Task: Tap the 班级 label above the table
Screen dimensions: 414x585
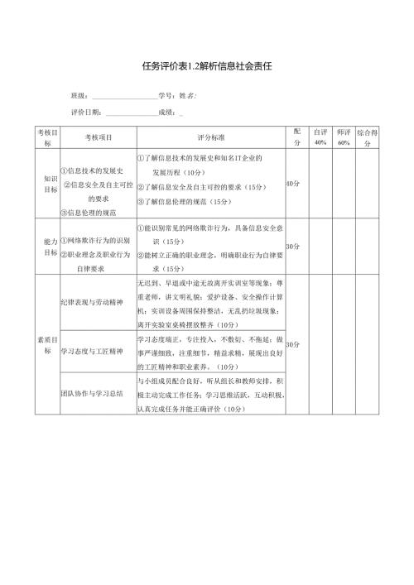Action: pyautogui.click(x=79, y=96)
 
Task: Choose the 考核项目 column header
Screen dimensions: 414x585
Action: pyautogui.click(x=97, y=137)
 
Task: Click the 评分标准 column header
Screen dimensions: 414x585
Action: pyautogui.click(x=210, y=137)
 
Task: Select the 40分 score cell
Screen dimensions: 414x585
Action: pyautogui.click(x=293, y=184)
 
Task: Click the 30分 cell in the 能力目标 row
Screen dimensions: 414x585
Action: pyautogui.click(x=293, y=246)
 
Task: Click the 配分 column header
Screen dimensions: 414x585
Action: pyautogui.click(x=297, y=137)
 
